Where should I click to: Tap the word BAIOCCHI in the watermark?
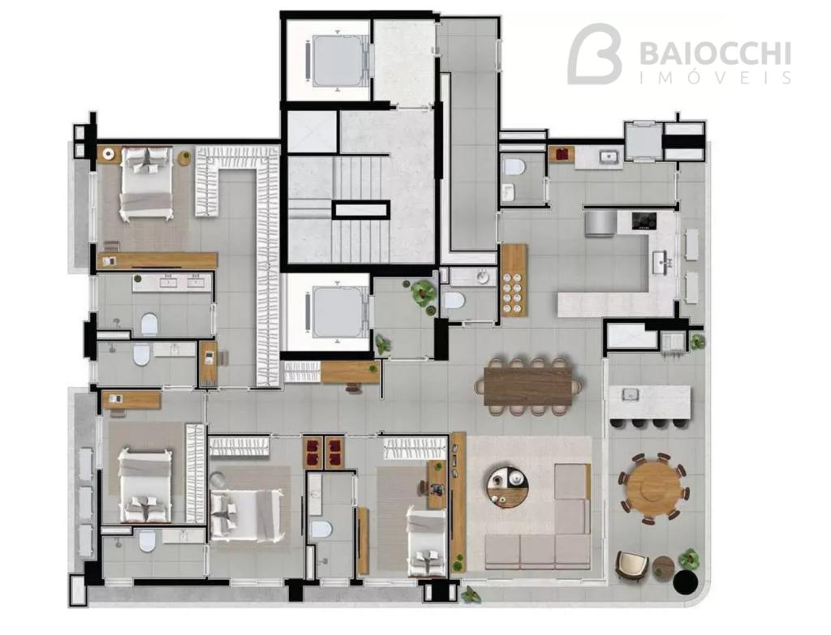click(715, 54)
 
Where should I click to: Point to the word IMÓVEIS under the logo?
click(716, 78)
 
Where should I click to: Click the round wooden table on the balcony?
click(653, 487)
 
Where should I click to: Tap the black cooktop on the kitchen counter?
click(644, 221)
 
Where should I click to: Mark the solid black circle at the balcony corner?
click(685, 581)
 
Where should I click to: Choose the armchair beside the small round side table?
click(631, 565)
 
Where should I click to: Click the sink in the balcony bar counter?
click(630, 394)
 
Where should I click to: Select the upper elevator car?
click(337, 61)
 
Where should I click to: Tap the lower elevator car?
click(337, 313)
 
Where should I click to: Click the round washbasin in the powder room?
click(482, 277)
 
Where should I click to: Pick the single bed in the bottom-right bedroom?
click(426, 541)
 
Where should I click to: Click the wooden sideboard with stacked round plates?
click(514, 281)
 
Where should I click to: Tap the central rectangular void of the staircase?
click(361, 210)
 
